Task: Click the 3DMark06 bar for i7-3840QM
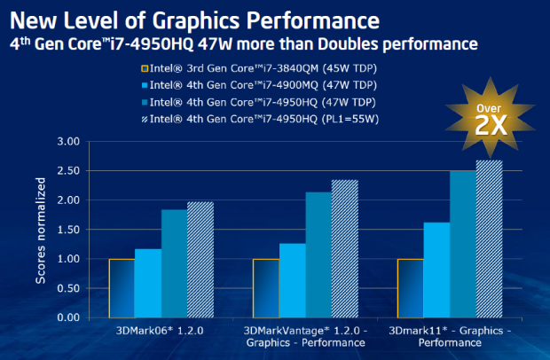(122, 288)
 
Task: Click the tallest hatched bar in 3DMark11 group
(490, 239)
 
